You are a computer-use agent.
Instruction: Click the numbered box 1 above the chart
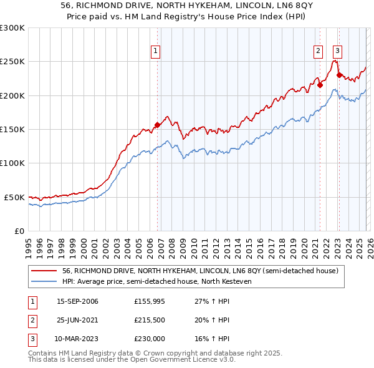pyautogui.click(x=155, y=52)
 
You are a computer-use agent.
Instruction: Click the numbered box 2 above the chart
pyautogui.click(x=318, y=52)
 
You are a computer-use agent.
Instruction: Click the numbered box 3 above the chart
pyautogui.click(x=337, y=52)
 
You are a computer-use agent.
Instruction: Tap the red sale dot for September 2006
pyautogui.click(x=157, y=125)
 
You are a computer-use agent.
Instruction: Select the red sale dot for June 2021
pyautogui.click(x=320, y=85)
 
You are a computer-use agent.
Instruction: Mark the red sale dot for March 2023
pyautogui.click(x=339, y=75)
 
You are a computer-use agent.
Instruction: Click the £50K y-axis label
pyautogui.click(x=14, y=197)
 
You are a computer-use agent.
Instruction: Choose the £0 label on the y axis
pyautogui.click(x=19, y=231)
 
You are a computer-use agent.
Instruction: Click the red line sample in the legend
pyautogui.click(x=44, y=271)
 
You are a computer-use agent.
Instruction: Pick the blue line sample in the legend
pyautogui.click(x=44, y=281)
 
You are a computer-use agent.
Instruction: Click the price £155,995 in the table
pyautogui.click(x=150, y=301)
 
